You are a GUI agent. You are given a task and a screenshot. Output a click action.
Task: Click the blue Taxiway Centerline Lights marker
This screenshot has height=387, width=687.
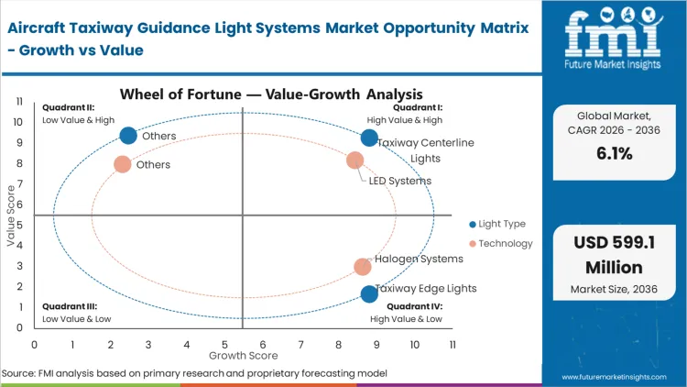click(369, 138)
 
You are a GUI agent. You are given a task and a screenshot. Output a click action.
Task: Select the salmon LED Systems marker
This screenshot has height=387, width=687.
click(355, 160)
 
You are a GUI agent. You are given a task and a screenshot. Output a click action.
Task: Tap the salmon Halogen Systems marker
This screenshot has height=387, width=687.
click(363, 267)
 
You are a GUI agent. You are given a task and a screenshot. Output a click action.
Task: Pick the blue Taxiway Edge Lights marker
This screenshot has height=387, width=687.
click(369, 293)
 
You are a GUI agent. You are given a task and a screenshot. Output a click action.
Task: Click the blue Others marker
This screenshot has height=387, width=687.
click(128, 136)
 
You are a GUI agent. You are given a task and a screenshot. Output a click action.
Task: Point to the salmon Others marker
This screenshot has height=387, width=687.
click(123, 165)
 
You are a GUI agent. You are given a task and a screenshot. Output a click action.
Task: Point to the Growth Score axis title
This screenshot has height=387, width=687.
click(243, 354)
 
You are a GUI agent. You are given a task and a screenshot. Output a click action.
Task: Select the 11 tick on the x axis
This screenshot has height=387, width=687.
click(453, 345)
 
